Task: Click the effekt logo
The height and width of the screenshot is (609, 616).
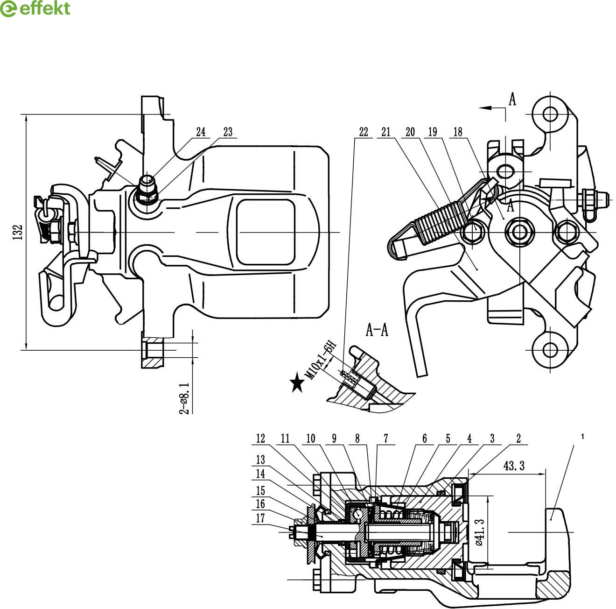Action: [35, 9]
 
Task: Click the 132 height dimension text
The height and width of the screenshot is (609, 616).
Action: [18, 232]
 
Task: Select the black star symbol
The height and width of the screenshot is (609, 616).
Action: [296, 383]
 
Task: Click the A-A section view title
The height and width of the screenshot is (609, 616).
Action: [377, 330]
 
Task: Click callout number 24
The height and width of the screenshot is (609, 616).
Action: [201, 132]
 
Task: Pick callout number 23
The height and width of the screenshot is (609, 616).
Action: [228, 132]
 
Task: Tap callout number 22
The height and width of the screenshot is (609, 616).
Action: [364, 132]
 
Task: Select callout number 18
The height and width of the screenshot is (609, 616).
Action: [458, 132]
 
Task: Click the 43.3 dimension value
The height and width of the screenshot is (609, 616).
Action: [514, 466]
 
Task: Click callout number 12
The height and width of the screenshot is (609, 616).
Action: [260, 439]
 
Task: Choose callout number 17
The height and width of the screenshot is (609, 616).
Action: [260, 518]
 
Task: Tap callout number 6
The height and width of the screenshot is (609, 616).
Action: [425, 439]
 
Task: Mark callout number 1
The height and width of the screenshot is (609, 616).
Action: [583, 437]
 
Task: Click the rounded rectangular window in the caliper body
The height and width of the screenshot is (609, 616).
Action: [266, 232]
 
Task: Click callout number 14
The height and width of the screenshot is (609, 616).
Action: [260, 474]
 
